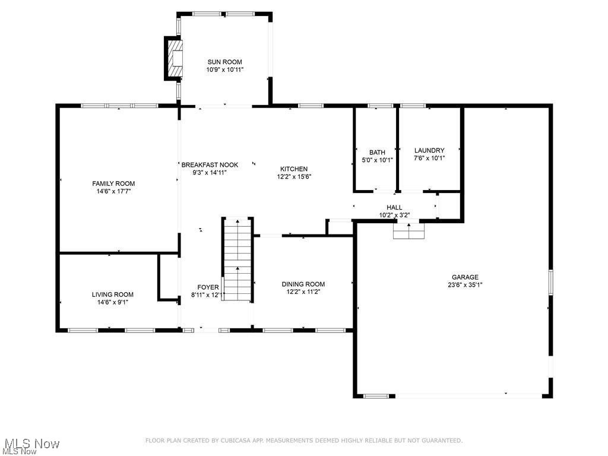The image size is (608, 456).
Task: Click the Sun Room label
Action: coord(224,62)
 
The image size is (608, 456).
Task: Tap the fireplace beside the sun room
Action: coord(174,58)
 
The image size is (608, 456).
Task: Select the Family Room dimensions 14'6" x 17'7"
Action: coord(113,192)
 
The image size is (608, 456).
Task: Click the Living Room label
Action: coord(112,294)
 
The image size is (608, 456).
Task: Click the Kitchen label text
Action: coord(294,169)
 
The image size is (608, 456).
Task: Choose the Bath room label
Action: coord(377,153)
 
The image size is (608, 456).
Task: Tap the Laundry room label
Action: coord(429,151)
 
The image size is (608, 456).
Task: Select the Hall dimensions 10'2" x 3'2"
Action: coord(394,215)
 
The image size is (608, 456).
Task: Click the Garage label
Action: coord(465,277)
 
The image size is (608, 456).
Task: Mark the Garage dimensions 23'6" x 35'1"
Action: coord(465,285)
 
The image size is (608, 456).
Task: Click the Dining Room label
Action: coord(303,284)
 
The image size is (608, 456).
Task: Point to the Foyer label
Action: coord(208,287)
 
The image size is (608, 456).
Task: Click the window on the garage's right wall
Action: coord(550,281)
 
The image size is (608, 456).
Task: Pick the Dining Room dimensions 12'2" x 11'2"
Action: coord(303,292)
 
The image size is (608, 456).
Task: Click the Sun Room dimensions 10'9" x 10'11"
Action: coord(224,69)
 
